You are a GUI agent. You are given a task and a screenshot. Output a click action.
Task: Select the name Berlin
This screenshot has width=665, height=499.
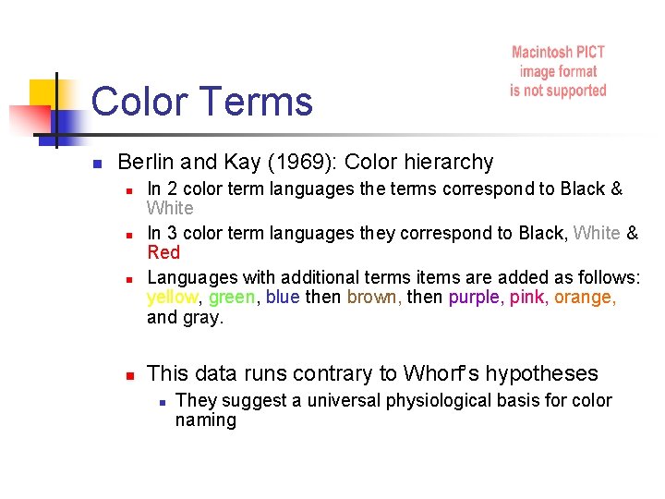click(x=147, y=163)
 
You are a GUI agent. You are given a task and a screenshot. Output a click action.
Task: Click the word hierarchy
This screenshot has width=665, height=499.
click(x=449, y=163)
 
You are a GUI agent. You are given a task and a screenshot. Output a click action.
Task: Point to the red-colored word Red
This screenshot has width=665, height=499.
click(x=163, y=252)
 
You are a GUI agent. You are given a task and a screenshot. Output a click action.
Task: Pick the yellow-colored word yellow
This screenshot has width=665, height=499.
click(x=173, y=297)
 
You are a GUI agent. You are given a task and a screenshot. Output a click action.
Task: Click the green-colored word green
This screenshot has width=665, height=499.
click(x=233, y=297)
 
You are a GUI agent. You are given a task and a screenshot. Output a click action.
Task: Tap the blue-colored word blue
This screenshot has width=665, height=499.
click(x=283, y=297)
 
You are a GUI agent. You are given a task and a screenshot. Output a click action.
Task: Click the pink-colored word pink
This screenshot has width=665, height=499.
click(x=527, y=297)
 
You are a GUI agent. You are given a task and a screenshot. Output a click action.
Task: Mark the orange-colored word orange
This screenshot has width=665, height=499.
click(x=586, y=297)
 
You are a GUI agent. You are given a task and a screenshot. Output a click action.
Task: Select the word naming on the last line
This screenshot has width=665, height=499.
click(x=205, y=420)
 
